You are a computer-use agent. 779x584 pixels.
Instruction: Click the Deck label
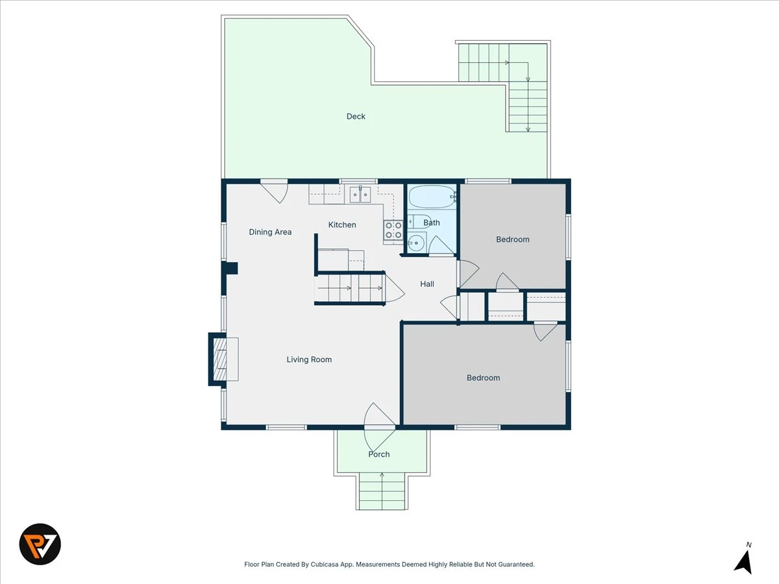pyautogui.click(x=356, y=116)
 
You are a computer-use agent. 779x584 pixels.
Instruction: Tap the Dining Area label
pyautogui.click(x=270, y=232)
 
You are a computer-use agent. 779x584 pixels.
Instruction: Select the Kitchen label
pyautogui.click(x=341, y=225)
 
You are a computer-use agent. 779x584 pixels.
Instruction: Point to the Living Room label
pyautogui.click(x=309, y=359)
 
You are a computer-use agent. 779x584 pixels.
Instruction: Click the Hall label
pyautogui.click(x=427, y=284)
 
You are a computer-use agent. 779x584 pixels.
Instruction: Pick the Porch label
pyautogui.click(x=378, y=454)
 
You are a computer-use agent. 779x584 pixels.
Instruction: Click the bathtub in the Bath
pyautogui.click(x=432, y=197)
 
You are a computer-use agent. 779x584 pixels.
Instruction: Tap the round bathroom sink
pyautogui.click(x=416, y=243)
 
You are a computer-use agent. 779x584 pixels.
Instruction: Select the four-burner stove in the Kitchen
pyautogui.click(x=393, y=230)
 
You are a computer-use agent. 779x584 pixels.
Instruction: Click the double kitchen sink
pyautogui.click(x=360, y=194)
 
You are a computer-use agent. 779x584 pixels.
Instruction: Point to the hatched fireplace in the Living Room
pyautogui.click(x=219, y=359)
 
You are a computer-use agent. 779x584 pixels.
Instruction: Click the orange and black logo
pyautogui.click(x=40, y=544)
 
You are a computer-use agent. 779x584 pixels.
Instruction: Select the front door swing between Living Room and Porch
pyautogui.click(x=380, y=426)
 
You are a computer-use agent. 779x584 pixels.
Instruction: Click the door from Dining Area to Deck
pyautogui.click(x=274, y=191)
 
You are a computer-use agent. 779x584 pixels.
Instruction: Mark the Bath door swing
pyautogui.click(x=441, y=245)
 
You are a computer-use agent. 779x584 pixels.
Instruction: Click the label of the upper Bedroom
pyautogui.click(x=512, y=239)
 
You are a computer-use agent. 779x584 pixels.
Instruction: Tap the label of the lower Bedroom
pyautogui.click(x=483, y=378)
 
